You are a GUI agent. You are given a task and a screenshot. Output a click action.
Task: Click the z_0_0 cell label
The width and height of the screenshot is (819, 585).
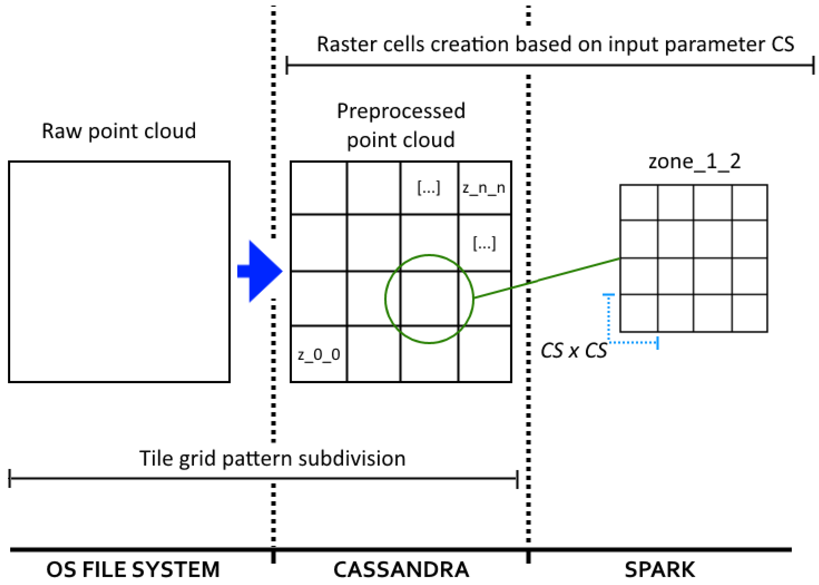point(319,355)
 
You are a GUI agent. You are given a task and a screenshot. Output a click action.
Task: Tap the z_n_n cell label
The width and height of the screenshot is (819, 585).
point(484,188)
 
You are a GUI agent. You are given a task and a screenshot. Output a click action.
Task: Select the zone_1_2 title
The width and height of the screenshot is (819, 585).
point(694,161)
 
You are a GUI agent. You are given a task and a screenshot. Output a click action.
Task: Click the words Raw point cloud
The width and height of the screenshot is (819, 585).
point(119,131)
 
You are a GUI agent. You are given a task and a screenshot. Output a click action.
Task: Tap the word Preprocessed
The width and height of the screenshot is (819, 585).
point(401,111)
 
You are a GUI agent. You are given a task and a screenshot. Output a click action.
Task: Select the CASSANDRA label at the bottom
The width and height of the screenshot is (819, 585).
point(401,570)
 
